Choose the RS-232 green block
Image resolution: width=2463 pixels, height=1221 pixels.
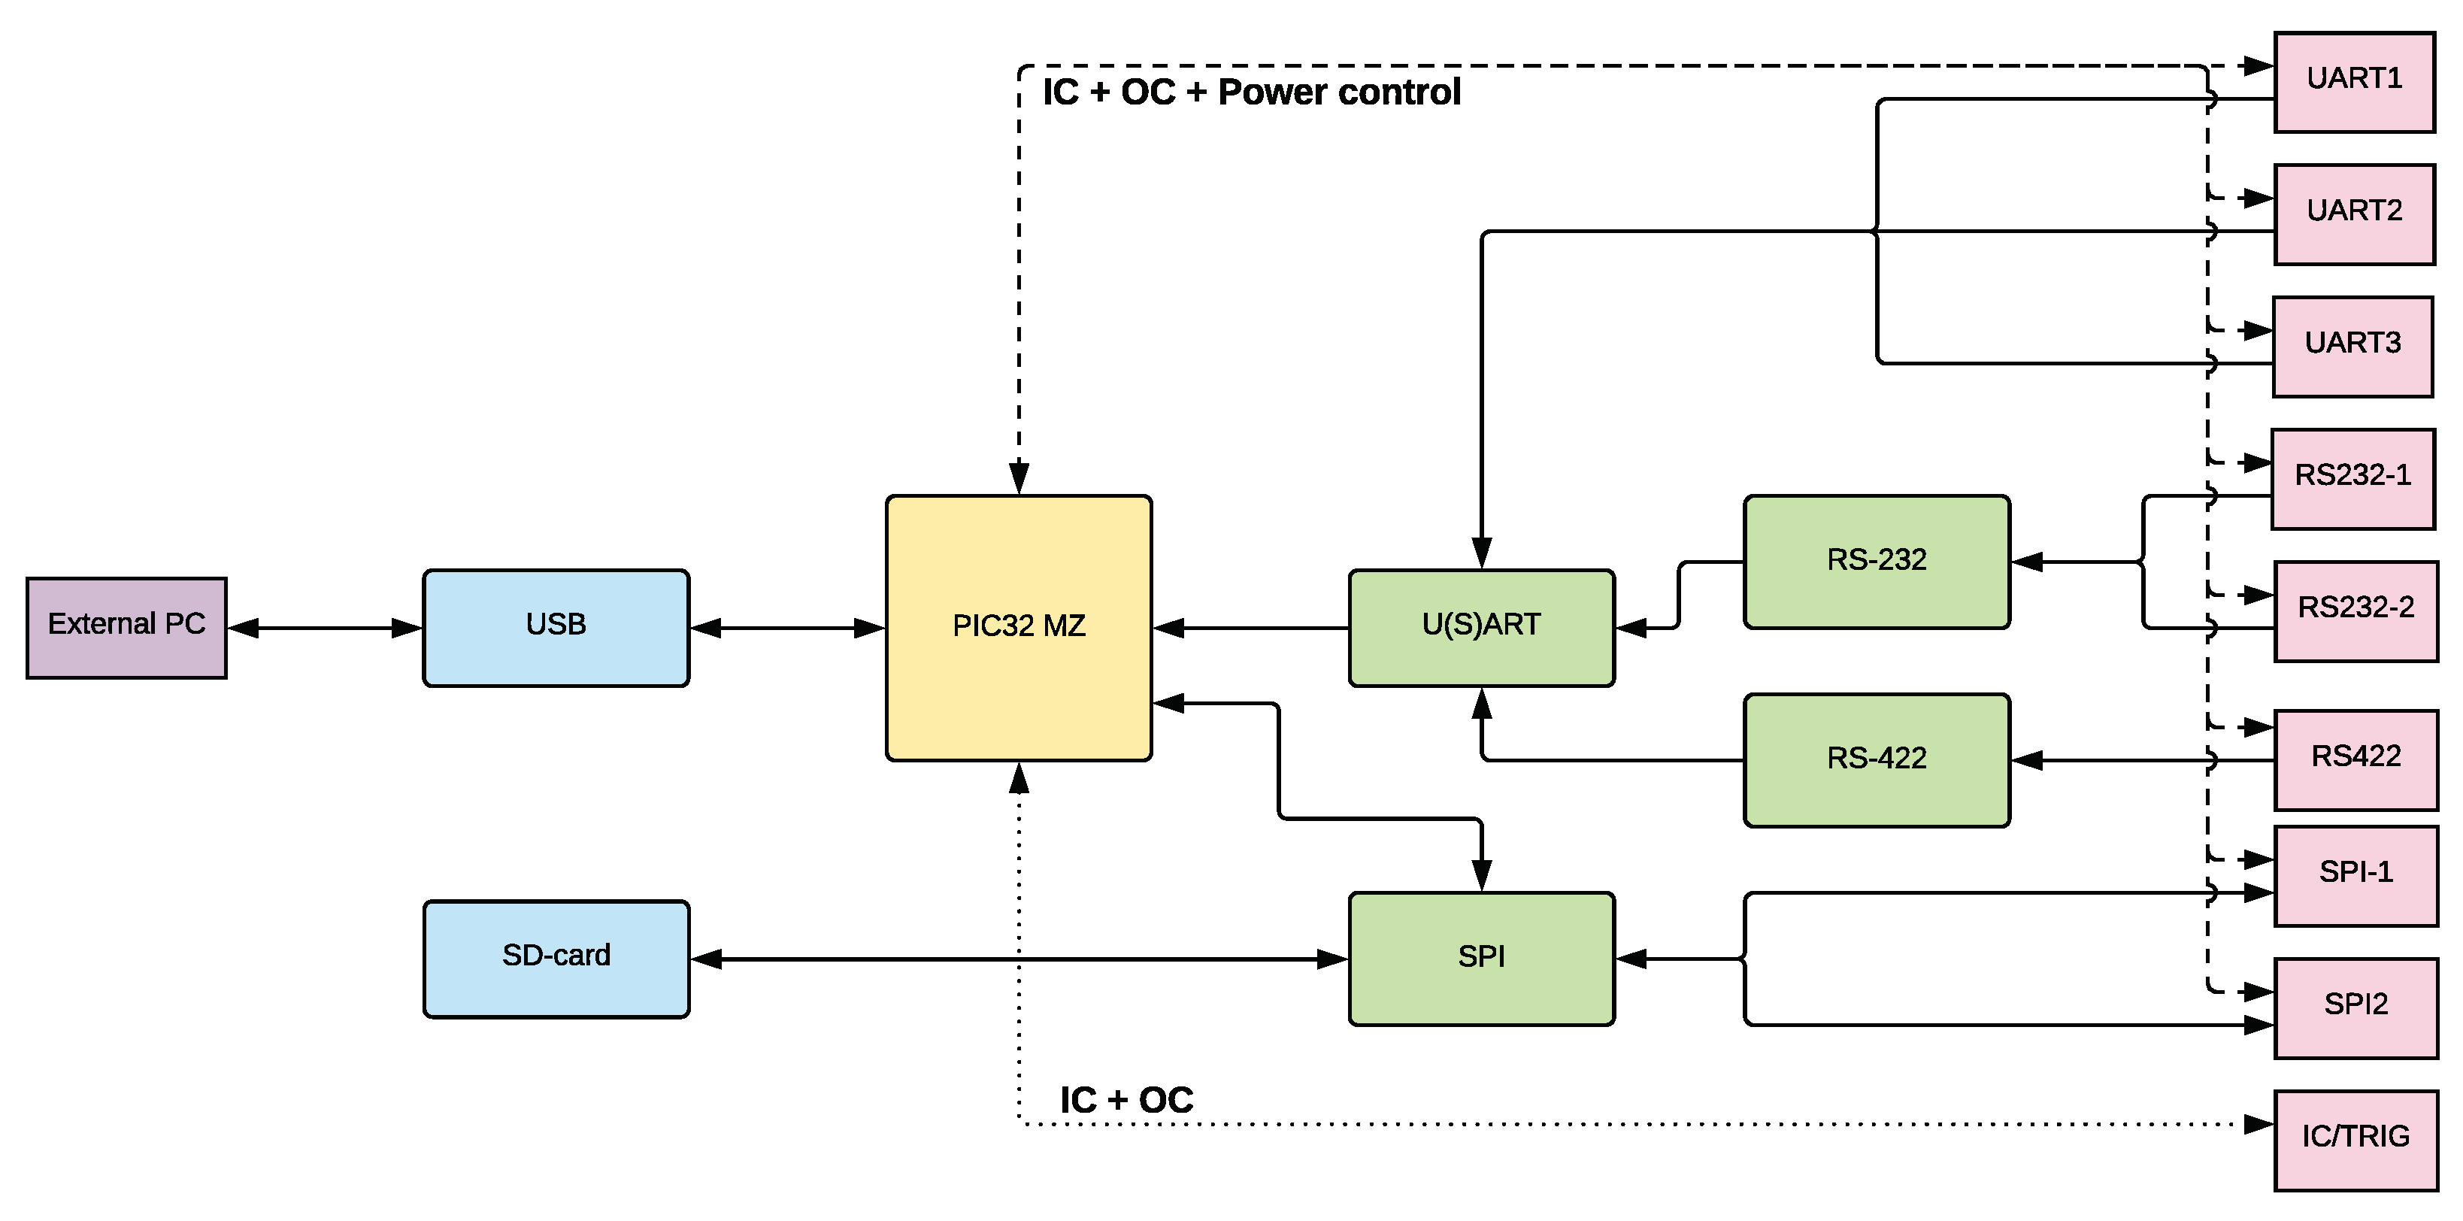click(x=1876, y=562)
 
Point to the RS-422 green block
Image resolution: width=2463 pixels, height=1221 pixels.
click(x=1876, y=760)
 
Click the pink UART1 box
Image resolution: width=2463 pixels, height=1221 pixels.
click(x=2353, y=81)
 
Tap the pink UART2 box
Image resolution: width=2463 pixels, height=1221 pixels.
click(x=2353, y=214)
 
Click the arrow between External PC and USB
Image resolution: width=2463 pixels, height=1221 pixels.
click(x=325, y=629)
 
